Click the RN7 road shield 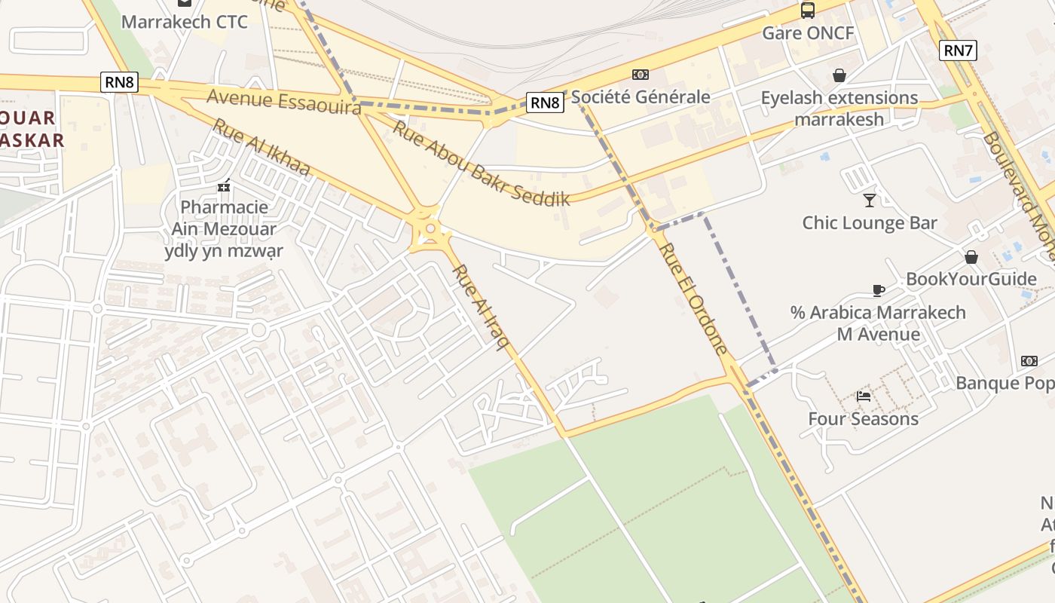tap(958, 51)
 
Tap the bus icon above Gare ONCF tap(808, 11)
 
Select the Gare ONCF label tap(808, 33)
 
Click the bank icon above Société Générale tap(641, 75)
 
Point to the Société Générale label tap(641, 96)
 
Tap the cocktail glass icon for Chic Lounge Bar tap(870, 200)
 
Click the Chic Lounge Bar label tap(870, 222)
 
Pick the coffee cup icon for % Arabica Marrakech tap(878, 290)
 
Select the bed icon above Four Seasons tap(864, 396)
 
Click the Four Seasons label tap(864, 418)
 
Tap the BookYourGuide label tap(971, 279)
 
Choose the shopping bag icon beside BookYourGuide tap(971, 257)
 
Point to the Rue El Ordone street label tap(694, 298)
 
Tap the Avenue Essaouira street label tap(284, 102)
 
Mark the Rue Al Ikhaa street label tap(261, 147)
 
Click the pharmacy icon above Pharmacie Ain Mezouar tap(224, 185)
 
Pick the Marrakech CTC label tap(184, 22)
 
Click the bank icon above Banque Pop tap(1029, 361)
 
